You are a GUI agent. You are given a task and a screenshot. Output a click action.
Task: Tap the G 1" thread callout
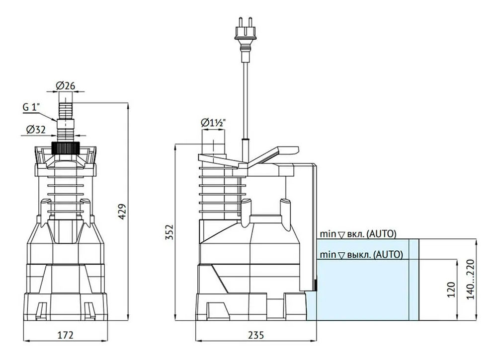point(32,107)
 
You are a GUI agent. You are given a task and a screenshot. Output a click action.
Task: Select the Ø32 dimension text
point(36,129)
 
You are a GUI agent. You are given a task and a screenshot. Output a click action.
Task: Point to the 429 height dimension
point(123,212)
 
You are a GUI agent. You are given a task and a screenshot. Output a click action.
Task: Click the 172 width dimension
point(66,335)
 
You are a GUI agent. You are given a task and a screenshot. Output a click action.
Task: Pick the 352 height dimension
point(169,232)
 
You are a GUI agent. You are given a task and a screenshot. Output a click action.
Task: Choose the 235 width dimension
point(256,335)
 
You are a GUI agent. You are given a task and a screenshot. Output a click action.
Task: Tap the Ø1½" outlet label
point(213,123)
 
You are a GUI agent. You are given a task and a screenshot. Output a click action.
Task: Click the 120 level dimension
point(452,289)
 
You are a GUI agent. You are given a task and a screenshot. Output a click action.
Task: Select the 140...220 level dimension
point(471,280)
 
